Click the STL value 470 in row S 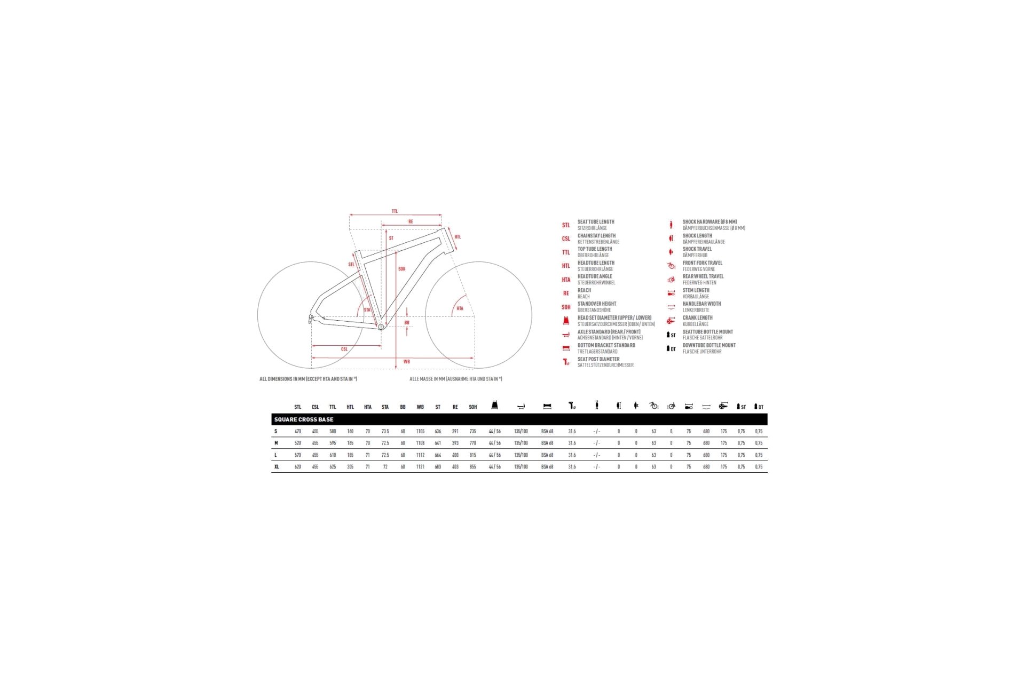[297, 431]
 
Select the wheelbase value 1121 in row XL [420, 467]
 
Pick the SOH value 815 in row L [472, 455]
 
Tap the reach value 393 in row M [455, 443]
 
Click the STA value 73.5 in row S [385, 431]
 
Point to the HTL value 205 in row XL [350, 467]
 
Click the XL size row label [277, 467]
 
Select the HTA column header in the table [367, 407]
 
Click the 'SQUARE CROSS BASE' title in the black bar [303, 419]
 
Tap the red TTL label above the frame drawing [395, 211]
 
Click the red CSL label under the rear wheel [344, 349]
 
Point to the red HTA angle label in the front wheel [460, 308]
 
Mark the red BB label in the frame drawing [407, 322]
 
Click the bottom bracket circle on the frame [381, 327]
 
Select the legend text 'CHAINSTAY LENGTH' [596, 235]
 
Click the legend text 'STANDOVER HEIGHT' [597, 304]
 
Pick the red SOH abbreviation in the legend [566, 307]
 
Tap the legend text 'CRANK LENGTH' [697, 317]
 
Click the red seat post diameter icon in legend [566, 362]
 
